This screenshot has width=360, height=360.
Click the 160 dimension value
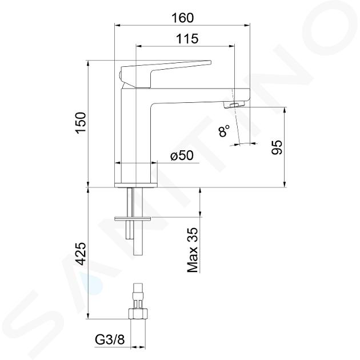(x=182, y=18)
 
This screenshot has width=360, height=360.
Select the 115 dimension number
(x=187, y=39)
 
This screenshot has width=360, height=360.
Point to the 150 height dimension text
(x=81, y=123)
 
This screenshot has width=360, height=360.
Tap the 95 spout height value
(x=277, y=147)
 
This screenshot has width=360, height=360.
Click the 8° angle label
(x=224, y=131)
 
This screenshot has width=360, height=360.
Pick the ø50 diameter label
(x=182, y=156)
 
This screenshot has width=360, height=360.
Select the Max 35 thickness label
(x=193, y=250)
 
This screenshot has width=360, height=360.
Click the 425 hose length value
(x=81, y=254)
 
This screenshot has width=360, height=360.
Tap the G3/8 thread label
(x=110, y=340)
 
